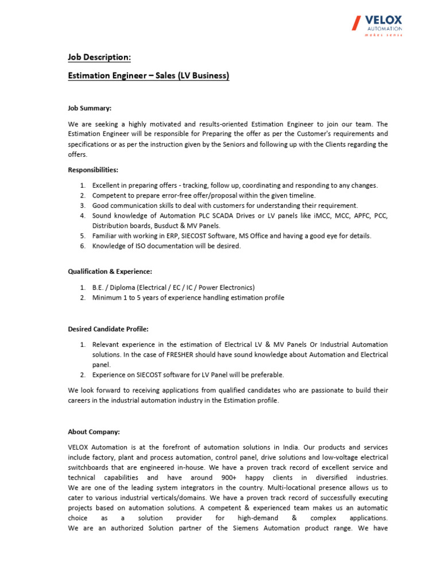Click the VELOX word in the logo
(385, 20)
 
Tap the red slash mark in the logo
(357, 24)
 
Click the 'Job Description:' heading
(99, 57)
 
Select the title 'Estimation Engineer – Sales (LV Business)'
(149, 76)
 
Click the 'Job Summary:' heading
(90, 107)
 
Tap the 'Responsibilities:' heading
(93, 170)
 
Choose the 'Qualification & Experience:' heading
(110, 272)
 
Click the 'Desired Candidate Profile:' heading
(108, 329)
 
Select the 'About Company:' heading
(94, 432)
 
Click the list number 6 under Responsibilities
(83, 246)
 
